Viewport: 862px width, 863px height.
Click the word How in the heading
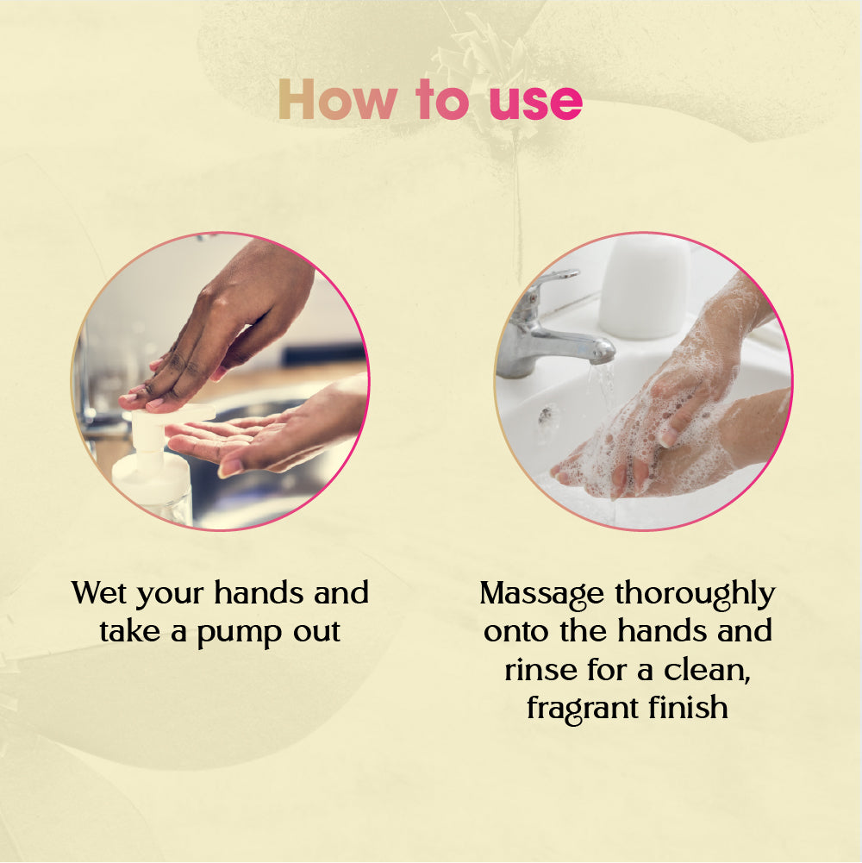337,99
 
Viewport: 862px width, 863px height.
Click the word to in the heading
442,99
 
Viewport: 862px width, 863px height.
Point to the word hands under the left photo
258,593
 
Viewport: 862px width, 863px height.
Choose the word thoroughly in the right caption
695,595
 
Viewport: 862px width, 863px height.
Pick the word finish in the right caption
688,707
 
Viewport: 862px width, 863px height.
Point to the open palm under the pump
259,435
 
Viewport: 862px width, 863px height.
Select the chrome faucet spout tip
603,353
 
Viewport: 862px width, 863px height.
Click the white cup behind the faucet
645,286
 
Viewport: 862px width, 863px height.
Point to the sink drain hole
547,415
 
